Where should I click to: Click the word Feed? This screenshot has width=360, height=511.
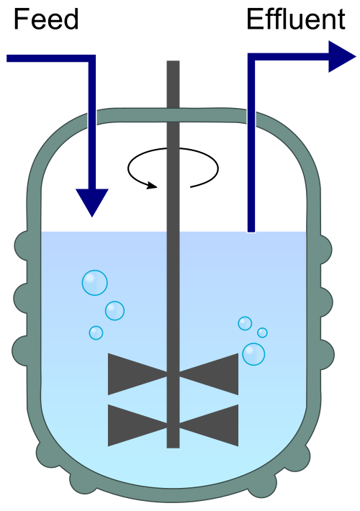(x=46, y=19)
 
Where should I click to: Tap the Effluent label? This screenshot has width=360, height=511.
(x=296, y=19)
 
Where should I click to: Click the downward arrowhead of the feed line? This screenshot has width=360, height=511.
(x=92, y=203)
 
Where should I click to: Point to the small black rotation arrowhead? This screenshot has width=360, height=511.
(x=152, y=186)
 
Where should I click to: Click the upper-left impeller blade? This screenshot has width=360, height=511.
(x=138, y=374)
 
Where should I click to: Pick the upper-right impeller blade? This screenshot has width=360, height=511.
(x=209, y=374)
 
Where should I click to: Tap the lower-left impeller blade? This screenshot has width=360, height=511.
(x=138, y=425)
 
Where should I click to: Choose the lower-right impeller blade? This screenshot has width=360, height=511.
(x=209, y=425)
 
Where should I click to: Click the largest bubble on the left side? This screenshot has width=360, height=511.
(x=94, y=283)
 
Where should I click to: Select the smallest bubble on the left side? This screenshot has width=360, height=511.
(x=96, y=333)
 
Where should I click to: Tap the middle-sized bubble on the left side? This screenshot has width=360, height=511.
(x=114, y=311)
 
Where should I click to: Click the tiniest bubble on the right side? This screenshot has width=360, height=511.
(x=262, y=333)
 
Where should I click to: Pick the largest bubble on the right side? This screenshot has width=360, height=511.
(x=253, y=354)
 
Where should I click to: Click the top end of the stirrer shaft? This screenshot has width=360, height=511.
(x=173, y=61)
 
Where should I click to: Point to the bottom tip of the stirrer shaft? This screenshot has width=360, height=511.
(x=173, y=447)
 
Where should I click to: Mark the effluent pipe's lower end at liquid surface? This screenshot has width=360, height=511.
(x=251, y=231)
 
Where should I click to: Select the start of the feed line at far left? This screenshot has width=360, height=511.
(x=8, y=58)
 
